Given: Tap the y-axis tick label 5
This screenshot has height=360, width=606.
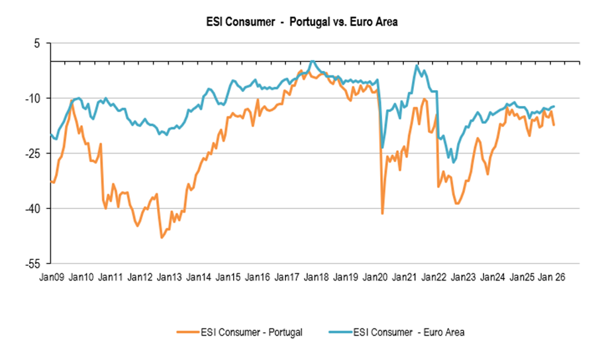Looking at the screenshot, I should [x=37, y=43].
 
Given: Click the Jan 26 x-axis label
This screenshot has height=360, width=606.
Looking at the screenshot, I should [x=554, y=276].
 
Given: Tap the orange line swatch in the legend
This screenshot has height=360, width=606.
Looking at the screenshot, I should [x=187, y=332].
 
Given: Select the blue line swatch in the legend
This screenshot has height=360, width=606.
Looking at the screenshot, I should [x=338, y=332].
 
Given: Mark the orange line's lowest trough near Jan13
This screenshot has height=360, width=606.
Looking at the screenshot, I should [x=161, y=237].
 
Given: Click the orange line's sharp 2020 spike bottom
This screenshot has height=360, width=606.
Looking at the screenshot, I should [x=382, y=213].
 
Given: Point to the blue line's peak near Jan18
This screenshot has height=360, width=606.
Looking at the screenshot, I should [x=313, y=61].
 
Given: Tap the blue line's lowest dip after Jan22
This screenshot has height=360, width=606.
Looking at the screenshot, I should [x=454, y=161].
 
